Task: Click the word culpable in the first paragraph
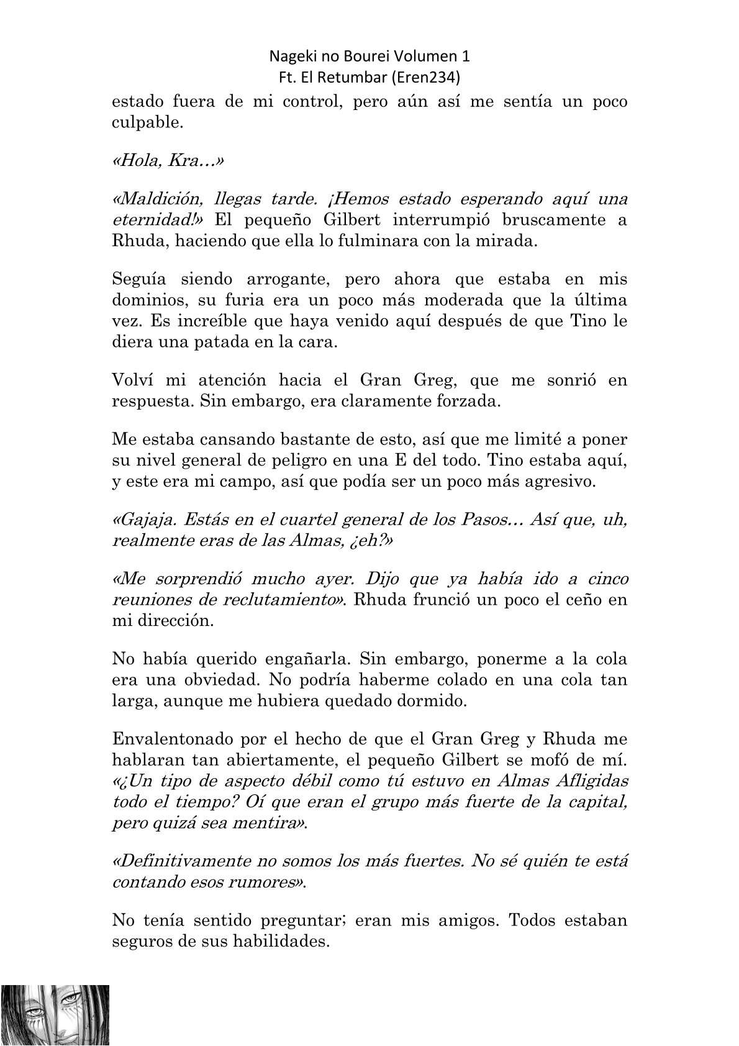point(147,122)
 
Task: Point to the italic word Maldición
point(158,200)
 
